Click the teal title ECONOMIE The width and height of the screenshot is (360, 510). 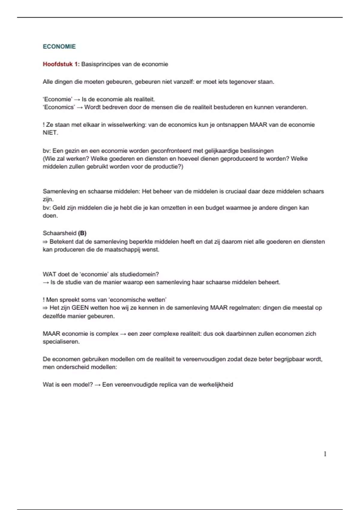[x=59, y=46]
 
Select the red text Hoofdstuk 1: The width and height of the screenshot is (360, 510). [x=61, y=64]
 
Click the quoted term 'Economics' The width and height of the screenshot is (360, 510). [x=58, y=107]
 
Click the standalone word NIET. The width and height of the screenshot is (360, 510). [x=50, y=133]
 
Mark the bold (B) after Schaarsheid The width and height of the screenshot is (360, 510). [x=82, y=233]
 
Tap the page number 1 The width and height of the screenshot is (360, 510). [x=325, y=454]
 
